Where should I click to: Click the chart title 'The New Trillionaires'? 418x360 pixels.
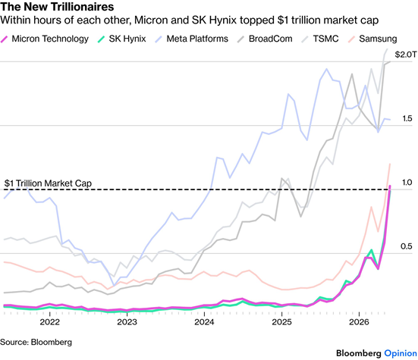(57, 7)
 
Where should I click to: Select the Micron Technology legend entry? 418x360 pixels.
(45, 39)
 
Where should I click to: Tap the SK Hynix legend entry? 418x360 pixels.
(122, 39)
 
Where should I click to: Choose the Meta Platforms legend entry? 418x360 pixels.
(192, 39)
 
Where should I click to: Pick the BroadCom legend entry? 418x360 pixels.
(265, 39)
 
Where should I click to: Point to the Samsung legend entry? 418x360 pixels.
(372, 39)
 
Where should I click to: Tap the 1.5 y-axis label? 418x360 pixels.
(407, 118)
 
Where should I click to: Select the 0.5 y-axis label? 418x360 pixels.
(407, 246)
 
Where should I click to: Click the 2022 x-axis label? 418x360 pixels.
(49, 322)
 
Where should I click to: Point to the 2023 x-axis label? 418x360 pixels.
(127, 322)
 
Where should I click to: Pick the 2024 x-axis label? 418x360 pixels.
(204, 322)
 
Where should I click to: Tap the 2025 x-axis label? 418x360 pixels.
(281, 322)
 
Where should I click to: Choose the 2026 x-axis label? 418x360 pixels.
(359, 322)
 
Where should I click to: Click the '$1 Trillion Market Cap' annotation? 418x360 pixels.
(48, 183)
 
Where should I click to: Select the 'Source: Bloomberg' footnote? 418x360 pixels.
(36, 342)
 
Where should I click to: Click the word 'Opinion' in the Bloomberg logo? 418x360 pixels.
(401, 354)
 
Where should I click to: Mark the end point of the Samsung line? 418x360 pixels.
(390, 164)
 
